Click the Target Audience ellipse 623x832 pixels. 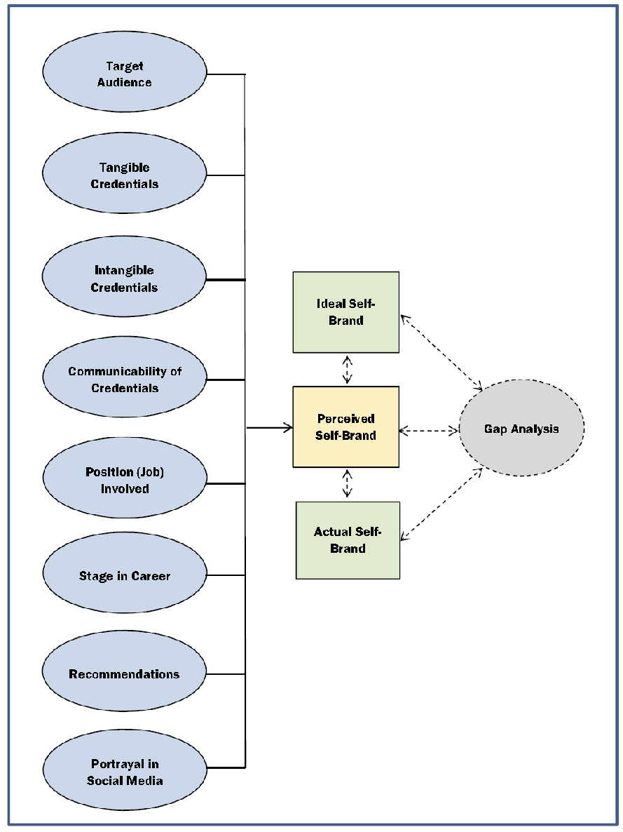125,74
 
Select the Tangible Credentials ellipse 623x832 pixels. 125,175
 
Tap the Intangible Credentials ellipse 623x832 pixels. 125,279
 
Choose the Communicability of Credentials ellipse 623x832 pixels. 125,380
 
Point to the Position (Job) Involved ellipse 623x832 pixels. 125,481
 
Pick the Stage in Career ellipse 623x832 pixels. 125,576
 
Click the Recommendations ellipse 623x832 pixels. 125,674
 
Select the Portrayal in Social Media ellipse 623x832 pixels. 125,772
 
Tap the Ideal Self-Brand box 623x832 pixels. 346,312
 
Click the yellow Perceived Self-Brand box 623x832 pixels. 346,427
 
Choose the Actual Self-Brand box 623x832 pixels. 348,539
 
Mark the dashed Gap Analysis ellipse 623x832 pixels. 521,429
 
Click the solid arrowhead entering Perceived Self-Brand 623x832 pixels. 287,427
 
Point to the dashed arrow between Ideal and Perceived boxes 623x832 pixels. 347,369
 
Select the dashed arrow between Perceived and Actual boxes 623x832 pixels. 347,484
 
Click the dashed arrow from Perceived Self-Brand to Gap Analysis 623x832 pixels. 428,430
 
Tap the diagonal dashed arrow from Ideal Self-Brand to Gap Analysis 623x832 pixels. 441,351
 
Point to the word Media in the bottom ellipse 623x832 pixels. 146,780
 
